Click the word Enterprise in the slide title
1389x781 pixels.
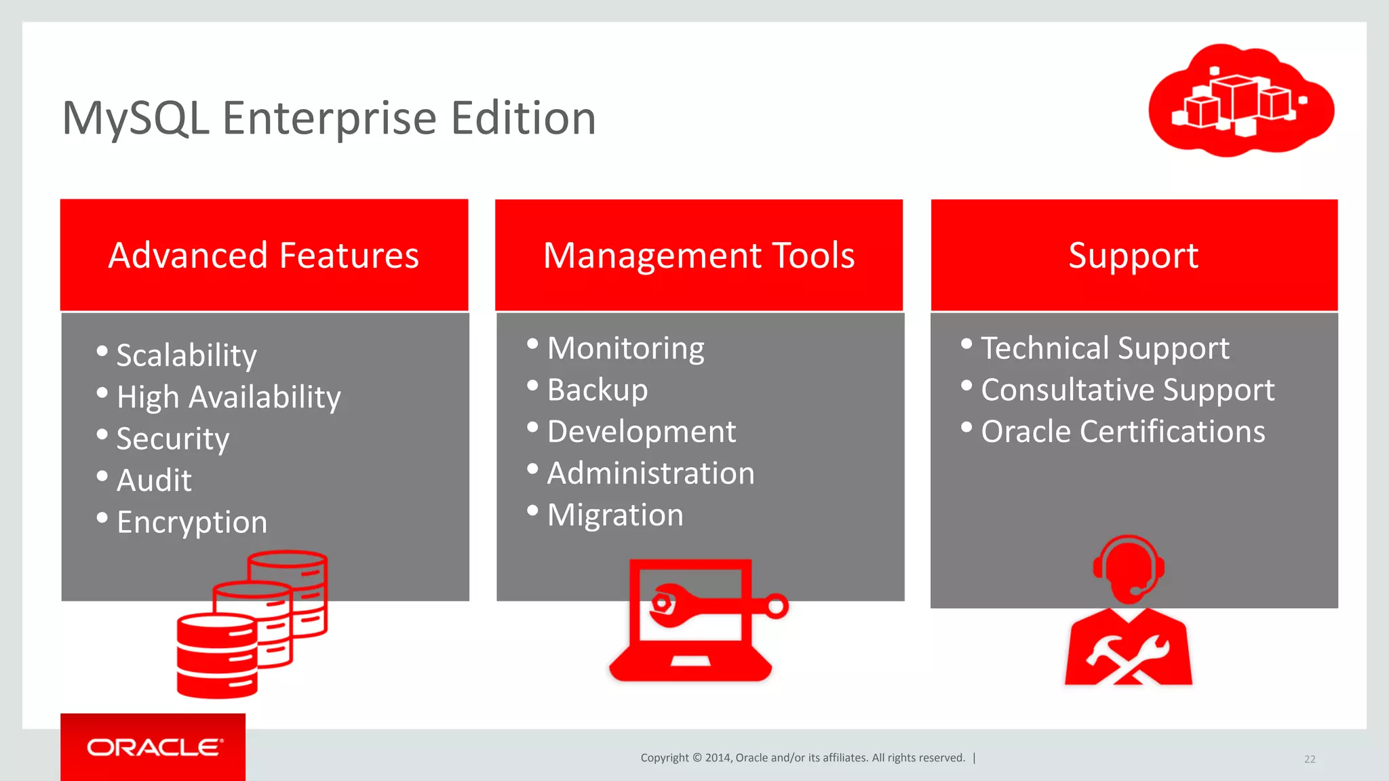click(329, 119)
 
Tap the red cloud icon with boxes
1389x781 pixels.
click(1240, 100)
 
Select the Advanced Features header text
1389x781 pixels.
click(264, 256)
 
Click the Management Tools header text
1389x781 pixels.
click(699, 256)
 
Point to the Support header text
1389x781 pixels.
click(1133, 256)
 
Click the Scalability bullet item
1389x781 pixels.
click(187, 355)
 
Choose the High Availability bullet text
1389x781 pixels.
click(229, 397)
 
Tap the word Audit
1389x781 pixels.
click(154, 480)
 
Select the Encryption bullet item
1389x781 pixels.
click(192, 522)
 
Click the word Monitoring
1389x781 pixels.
click(625, 348)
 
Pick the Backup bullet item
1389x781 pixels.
click(598, 390)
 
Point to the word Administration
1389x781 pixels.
click(650, 473)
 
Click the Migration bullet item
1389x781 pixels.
click(615, 515)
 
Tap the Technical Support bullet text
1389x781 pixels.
click(1105, 348)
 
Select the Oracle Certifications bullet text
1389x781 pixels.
click(1123, 432)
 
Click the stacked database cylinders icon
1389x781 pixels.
click(252, 624)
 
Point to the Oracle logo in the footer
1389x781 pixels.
click(154, 747)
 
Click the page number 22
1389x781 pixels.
click(1310, 759)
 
